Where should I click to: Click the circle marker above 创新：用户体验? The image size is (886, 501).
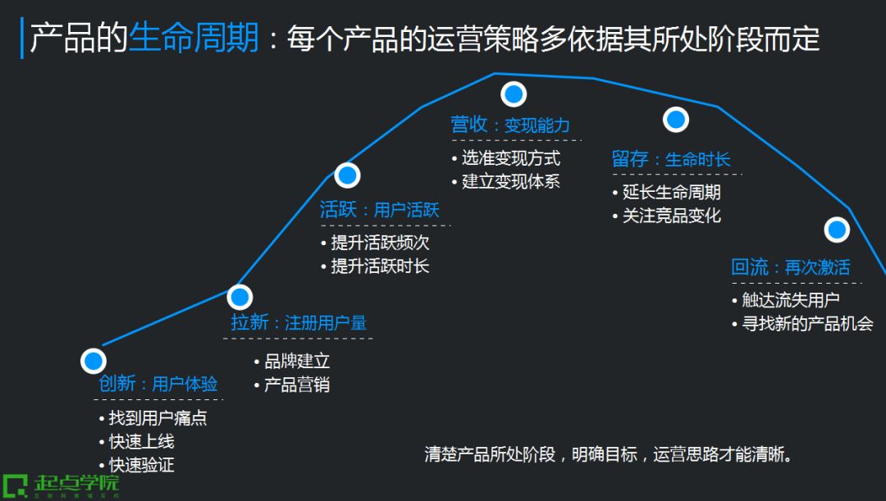[94, 361]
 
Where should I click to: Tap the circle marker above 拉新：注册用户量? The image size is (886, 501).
[240, 297]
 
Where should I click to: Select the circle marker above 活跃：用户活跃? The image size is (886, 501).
[348, 175]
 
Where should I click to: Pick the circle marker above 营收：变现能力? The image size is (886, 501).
[514, 94]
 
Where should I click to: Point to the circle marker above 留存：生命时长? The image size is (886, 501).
[675, 120]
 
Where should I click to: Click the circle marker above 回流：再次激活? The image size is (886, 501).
[837, 230]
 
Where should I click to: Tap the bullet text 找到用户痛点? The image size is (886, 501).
[158, 418]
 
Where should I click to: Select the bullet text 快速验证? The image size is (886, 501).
[141, 465]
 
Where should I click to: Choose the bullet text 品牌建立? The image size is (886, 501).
[297, 361]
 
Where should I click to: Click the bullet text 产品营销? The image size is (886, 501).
[297, 385]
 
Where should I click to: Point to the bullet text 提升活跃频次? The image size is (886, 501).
[380, 243]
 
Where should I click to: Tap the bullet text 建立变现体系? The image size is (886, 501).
[510, 181]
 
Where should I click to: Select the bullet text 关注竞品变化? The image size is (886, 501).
[671, 216]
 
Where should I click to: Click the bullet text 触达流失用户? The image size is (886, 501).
[791, 300]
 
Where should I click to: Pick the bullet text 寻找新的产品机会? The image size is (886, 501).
[807, 323]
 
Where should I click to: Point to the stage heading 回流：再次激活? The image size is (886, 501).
[791, 267]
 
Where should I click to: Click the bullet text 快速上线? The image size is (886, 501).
[141, 442]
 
